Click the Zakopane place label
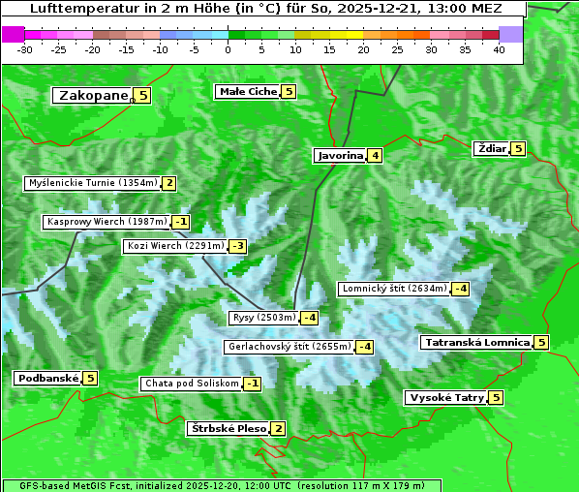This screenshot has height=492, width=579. [93, 95]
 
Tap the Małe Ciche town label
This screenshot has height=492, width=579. [248, 91]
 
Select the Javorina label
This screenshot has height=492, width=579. [340, 155]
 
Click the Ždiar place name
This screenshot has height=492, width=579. [491, 148]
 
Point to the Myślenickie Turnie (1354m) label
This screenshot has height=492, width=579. [92, 182]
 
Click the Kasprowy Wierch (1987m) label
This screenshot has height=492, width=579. [107, 222]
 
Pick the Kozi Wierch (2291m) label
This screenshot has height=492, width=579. [175, 246]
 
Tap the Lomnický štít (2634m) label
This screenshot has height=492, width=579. [394, 288]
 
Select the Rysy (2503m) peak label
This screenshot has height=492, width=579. [263, 318]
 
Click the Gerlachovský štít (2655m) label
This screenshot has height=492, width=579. [288, 347]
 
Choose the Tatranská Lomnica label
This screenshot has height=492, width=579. [475, 342]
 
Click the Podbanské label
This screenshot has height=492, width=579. [47, 378]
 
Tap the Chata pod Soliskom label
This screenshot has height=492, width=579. [190, 384]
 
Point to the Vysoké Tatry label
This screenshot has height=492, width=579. [445, 397]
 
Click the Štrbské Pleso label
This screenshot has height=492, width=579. [228, 428]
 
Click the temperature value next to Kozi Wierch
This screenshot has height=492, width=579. [237, 246]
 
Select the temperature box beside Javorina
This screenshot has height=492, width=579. [375, 155]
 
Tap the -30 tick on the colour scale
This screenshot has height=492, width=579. [25, 48]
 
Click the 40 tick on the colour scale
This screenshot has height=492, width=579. [499, 48]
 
